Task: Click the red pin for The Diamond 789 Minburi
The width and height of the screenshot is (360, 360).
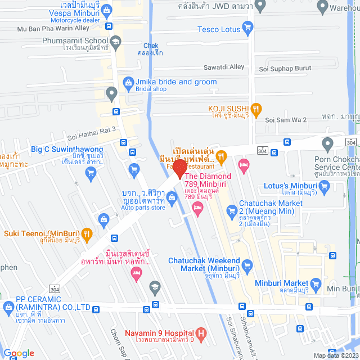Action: pos(180,169)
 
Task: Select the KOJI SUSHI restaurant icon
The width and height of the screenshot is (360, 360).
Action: pos(256,109)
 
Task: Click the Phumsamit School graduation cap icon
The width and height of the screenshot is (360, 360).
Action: pos(115,41)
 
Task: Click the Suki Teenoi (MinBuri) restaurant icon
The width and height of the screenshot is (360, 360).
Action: pos(87,233)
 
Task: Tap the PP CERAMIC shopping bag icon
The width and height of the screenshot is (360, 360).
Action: pos(8,307)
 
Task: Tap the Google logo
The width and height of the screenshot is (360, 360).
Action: pos(18,353)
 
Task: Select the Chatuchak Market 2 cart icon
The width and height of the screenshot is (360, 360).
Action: pos(231,211)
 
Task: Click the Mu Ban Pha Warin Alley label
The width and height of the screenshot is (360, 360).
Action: pos(53,28)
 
